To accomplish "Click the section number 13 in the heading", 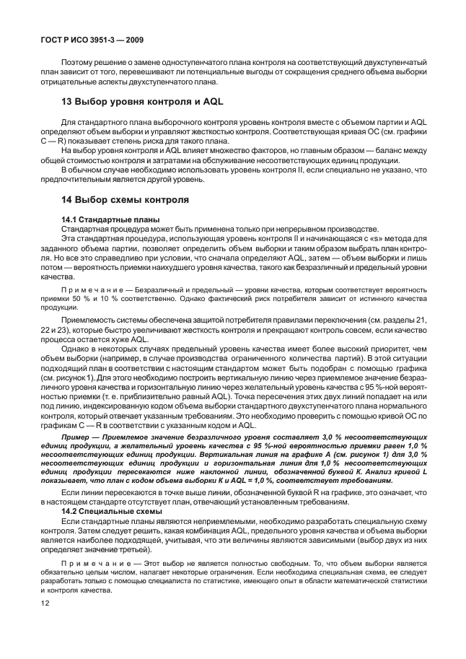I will pos(67,102).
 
